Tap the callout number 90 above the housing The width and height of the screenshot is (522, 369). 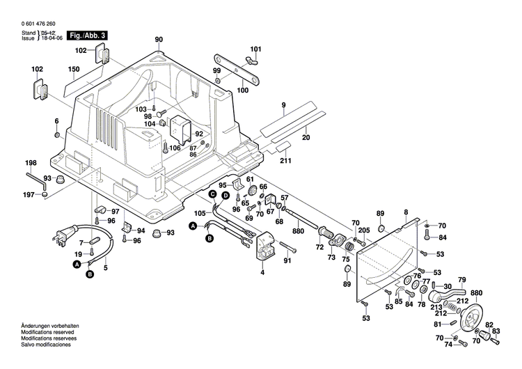pyautogui.click(x=159, y=39)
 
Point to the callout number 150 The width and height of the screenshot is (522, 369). pyautogui.click(x=74, y=70)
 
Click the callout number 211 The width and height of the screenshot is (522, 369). pyautogui.click(x=285, y=161)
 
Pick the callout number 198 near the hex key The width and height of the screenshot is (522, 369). pyautogui.click(x=31, y=164)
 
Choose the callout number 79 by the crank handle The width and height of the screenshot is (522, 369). pyautogui.click(x=461, y=279)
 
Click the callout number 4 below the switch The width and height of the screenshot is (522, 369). pyautogui.click(x=262, y=272)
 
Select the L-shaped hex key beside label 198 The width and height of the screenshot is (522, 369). pyautogui.click(x=43, y=185)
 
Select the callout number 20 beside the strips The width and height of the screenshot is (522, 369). pyautogui.click(x=305, y=137)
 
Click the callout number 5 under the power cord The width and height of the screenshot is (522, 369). pyautogui.click(x=106, y=267)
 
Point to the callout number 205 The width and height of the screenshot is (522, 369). pyautogui.click(x=365, y=230)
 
